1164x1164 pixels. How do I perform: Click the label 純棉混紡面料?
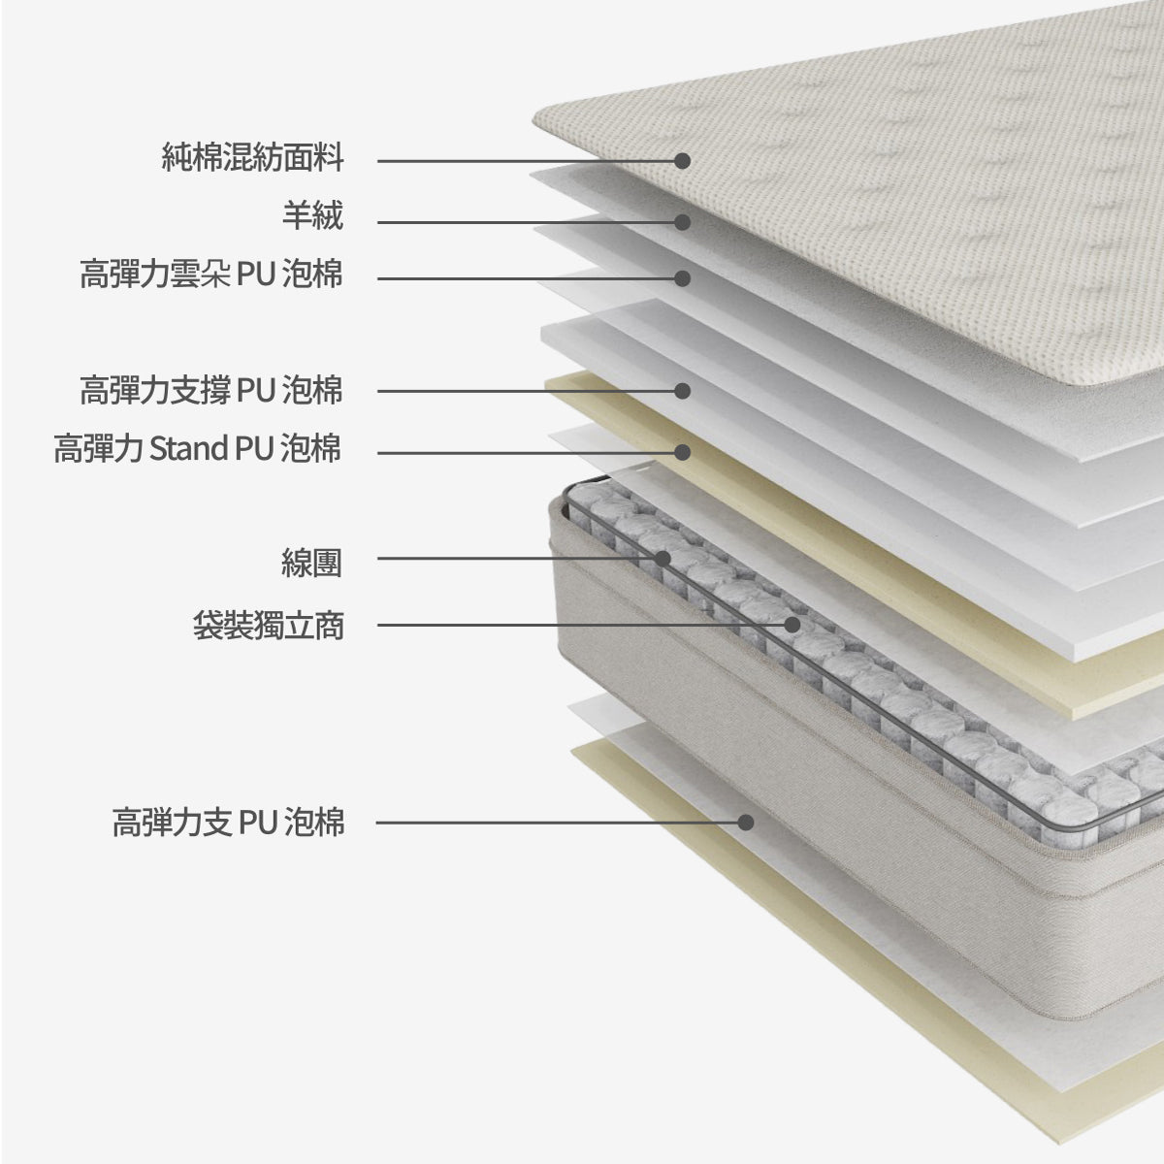[x=253, y=157]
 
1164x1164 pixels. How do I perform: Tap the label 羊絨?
[x=313, y=215]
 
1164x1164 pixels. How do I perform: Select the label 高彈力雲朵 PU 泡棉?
[x=211, y=274]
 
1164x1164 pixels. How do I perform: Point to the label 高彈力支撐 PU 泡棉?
[x=211, y=390]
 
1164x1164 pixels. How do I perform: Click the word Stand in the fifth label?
[x=188, y=448]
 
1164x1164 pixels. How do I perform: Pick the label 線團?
[x=311, y=563]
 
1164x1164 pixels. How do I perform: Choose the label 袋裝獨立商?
[x=268, y=626]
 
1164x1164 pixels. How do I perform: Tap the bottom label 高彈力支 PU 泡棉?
[x=228, y=823]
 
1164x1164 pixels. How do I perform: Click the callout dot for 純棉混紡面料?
[x=683, y=161]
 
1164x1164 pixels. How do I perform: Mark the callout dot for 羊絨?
[x=683, y=222]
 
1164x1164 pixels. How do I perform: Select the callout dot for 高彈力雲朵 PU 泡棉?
[x=683, y=278]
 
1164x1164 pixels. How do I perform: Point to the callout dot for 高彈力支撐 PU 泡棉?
[x=683, y=391]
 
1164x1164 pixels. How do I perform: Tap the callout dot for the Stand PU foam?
[x=683, y=452]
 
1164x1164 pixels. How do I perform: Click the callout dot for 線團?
[x=663, y=558]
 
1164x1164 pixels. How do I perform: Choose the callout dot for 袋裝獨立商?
[x=792, y=625]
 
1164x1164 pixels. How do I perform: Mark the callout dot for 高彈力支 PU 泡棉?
[x=746, y=823]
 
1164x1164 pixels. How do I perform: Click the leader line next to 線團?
[x=520, y=558]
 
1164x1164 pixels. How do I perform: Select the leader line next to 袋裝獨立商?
[x=585, y=625]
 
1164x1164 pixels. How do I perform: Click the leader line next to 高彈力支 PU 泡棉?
[x=562, y=823]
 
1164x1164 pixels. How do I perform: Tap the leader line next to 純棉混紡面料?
[x=530, y=161]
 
